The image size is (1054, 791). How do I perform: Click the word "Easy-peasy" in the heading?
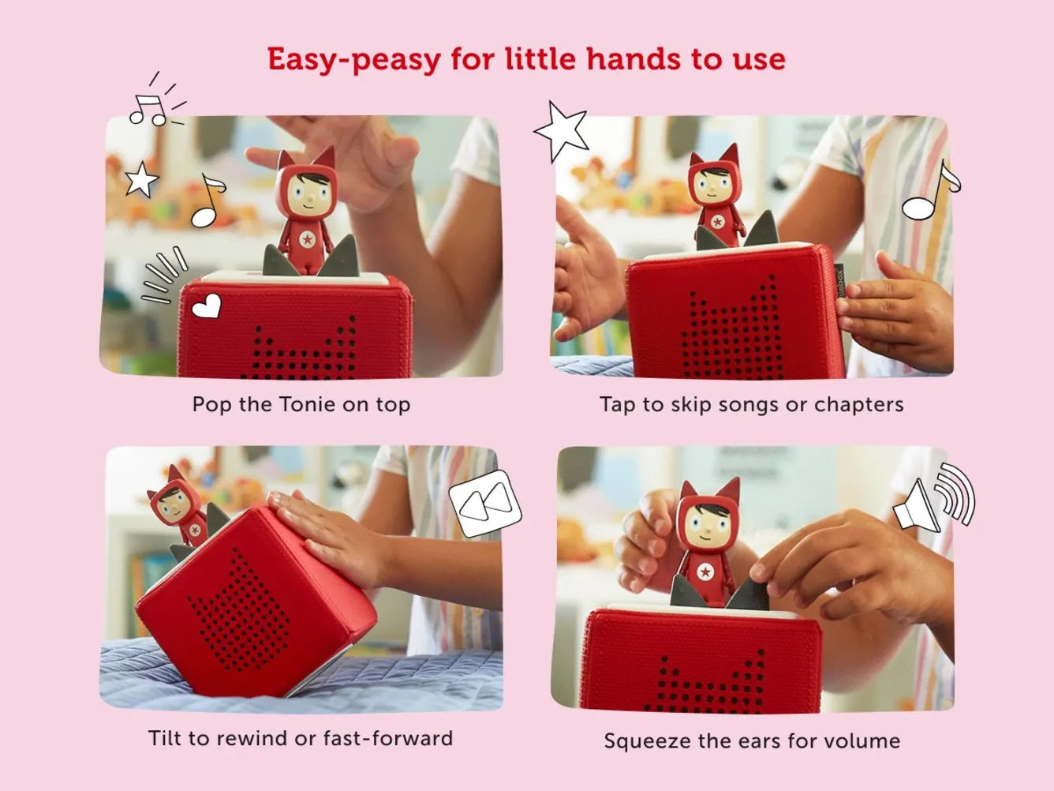[353, 60]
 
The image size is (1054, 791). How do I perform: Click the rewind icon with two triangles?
[485, 504]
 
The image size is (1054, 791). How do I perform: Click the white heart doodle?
[206, 306]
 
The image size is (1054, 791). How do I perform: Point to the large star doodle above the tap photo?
[562, 131]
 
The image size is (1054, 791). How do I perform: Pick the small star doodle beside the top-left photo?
[141, 179]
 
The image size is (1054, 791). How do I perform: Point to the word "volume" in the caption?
[862, 740]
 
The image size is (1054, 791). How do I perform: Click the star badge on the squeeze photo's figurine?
[705, 572]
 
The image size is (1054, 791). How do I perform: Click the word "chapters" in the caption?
[858, 404]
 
